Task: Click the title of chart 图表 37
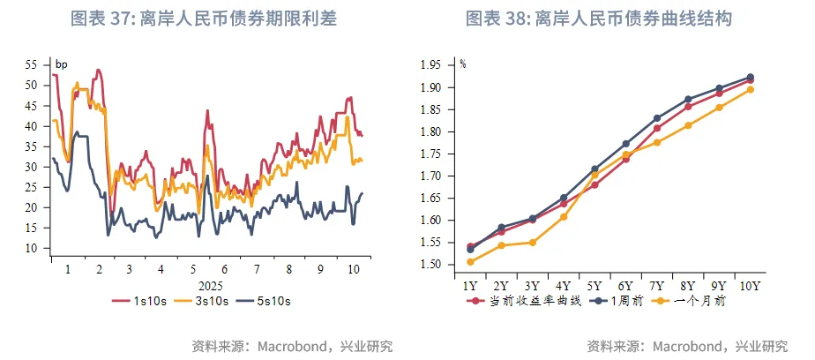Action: pos(204,19)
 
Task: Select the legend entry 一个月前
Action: pos(688,301)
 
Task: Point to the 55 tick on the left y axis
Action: pos(31,65)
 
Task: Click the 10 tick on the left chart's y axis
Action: pos(31,248)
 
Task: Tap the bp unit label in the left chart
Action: pos(61,64)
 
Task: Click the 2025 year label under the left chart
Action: pos(210,285)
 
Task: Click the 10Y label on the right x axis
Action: pos(750,285)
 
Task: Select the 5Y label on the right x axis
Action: pos(594,285)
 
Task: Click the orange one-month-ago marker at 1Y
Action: pos(470,261)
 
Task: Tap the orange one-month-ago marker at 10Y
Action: pos(750,89)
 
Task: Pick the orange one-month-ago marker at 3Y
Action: pos(532,243)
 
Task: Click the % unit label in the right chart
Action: pos(464,64)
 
